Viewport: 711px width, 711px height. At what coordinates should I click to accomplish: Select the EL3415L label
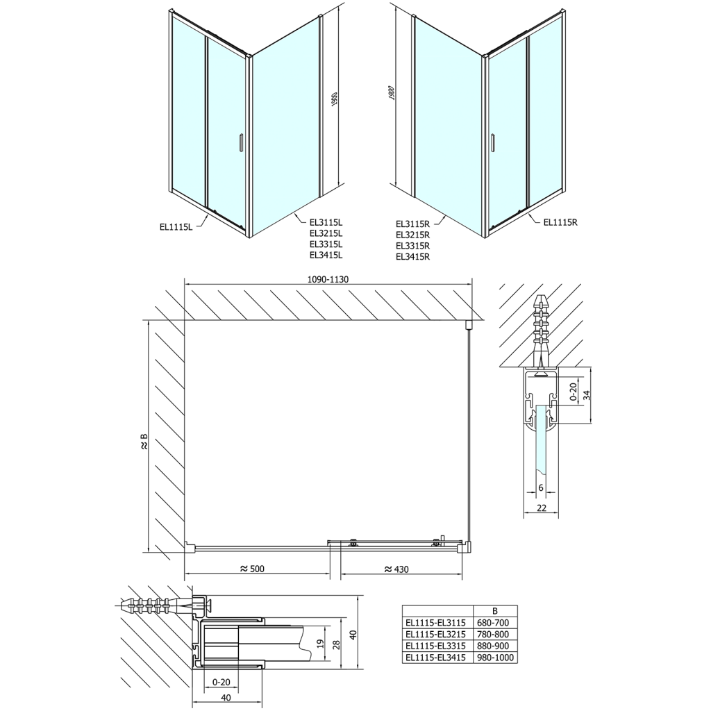tap(326, 255)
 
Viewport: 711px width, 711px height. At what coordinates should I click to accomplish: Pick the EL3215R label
tap(413, 235)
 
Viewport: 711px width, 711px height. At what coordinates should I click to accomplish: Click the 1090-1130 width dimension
tap(327, 279)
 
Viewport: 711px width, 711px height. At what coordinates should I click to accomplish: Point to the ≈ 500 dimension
tap(252, 569)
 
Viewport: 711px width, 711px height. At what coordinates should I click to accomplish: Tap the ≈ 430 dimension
tap(396, 569)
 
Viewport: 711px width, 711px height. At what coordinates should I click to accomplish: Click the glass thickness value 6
tap(541, 488)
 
